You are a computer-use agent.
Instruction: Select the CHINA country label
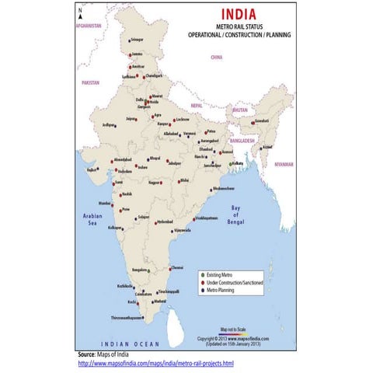click(216, 57)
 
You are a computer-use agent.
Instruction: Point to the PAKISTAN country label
click(91, 82)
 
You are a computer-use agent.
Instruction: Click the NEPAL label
click(197, 105)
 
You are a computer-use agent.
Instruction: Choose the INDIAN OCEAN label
click(130, 343)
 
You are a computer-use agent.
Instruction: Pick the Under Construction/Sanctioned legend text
click(232, 283)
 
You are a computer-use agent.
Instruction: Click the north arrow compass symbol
click(80, 12)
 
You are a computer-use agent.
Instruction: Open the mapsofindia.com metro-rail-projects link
click(155, 364)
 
